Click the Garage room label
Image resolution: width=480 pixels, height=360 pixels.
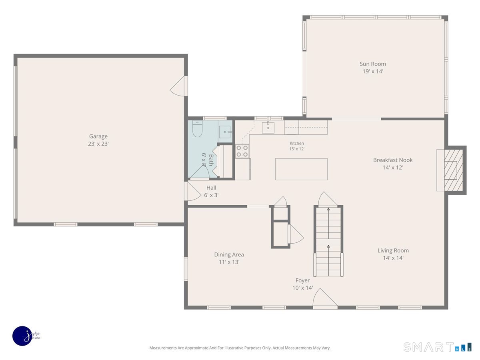click(x=98, y=136)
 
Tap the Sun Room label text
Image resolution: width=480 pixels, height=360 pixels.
click(x=373, y=64)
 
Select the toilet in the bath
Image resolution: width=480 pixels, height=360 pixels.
click(x=197, y=129)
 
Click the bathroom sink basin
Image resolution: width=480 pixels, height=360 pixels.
click(x=224, y=132)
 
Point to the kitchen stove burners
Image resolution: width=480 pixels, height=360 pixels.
click(x=242, y=151)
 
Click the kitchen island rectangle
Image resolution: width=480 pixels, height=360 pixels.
click(x=301, y=169)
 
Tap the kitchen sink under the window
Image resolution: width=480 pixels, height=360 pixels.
click(x=268, y=128)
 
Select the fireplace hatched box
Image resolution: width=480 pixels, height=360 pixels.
click(x=453, y=170)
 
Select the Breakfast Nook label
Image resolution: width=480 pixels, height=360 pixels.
click(x=393, y=160)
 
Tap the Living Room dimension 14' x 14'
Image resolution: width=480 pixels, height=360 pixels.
click(x=393, y=258)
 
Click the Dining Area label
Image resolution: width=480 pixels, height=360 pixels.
click(x=229, y=254)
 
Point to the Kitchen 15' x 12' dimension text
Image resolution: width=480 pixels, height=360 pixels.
click(x=297, y=149)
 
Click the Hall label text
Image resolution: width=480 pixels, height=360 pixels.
click(x=211, y=188)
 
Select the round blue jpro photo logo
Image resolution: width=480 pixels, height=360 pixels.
click(x=22, y=336)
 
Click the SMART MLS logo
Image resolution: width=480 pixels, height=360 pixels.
click(x=437, y=347)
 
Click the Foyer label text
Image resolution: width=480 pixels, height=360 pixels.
click(x=302, y=280)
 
